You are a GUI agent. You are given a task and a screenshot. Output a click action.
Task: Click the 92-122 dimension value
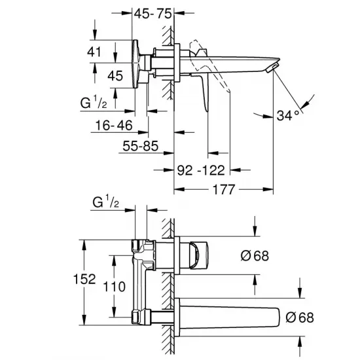click(202, 171)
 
